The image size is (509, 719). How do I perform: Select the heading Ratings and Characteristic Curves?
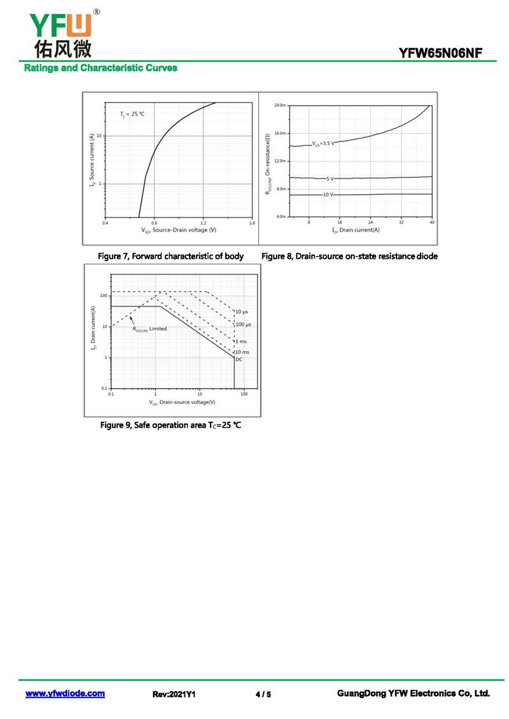[x=101, y=68]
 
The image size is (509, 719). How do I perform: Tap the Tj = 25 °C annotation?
[x=132, y=114]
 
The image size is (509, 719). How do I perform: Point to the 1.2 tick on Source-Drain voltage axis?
[x=203, y=223]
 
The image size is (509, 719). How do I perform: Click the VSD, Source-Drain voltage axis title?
[x=178, y=230]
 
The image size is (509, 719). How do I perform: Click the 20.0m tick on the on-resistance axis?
[x=280, y=105]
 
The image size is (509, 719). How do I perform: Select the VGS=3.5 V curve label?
[x=323, y=143]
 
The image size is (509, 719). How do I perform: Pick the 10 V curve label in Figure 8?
[x=327, y=195]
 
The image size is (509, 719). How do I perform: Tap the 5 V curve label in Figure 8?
[x=330, y=179]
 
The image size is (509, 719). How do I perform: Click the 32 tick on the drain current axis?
[x=401, y=222]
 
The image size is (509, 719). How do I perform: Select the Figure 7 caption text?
[x=170, y=256]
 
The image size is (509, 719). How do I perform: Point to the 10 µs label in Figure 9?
[x=242, y=311]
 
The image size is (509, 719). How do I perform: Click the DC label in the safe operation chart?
[x=239, y=359]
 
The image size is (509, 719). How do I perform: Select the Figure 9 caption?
[x=171, y=424]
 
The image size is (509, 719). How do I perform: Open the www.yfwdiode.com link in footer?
[x=65, y=694]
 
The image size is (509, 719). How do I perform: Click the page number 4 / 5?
[x=263, y=694]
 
